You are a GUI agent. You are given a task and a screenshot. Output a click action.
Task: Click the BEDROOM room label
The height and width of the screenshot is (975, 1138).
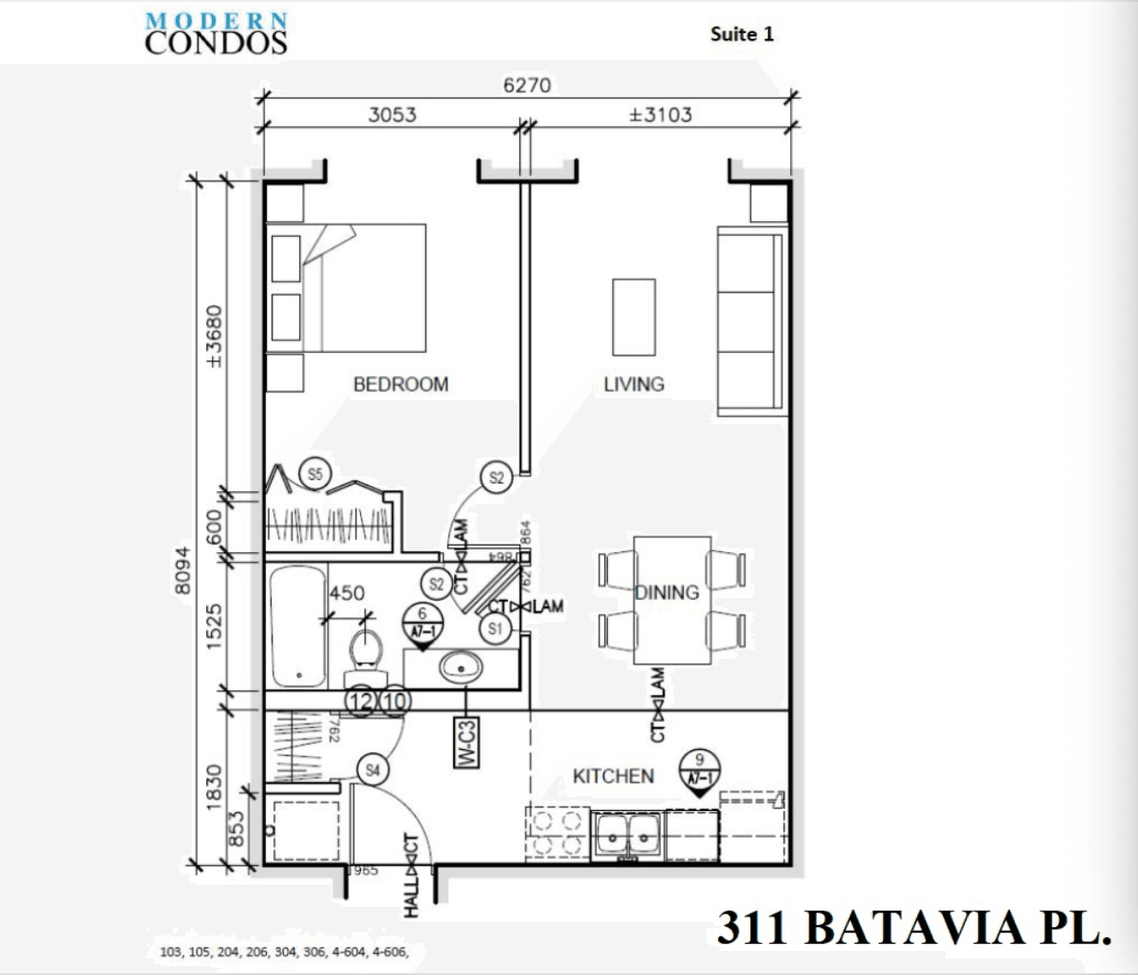[401, 384]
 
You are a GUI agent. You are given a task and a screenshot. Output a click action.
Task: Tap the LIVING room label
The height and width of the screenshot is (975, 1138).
[633, 383]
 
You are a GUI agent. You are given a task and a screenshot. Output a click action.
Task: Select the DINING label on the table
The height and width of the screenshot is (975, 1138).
[667, 592]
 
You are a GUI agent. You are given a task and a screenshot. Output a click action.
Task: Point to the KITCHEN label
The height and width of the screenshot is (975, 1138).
[613, 776]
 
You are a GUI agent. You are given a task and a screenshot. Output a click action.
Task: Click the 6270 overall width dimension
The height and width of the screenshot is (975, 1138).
[527, 86]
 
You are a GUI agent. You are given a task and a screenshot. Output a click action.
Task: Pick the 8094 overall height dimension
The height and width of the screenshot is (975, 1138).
[183, 571]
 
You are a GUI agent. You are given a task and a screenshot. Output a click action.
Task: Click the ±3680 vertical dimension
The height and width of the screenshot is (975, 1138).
[214, 337]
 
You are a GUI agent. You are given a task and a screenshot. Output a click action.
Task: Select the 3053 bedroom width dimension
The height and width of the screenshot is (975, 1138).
[392, 115]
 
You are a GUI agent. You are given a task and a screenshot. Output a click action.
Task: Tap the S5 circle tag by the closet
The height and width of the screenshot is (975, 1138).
[315, 475]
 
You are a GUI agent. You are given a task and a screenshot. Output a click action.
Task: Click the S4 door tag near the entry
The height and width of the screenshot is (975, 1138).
[372, 770]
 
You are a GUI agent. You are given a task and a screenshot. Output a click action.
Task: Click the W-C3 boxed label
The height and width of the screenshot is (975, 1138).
[467, 742]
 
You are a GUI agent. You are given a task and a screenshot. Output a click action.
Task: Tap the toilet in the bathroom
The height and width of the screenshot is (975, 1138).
[366, 649]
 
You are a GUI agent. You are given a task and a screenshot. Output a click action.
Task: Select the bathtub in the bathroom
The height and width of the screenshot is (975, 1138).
[297, 627]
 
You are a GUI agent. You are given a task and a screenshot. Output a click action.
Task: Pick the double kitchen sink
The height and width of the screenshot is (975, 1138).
[627, 835]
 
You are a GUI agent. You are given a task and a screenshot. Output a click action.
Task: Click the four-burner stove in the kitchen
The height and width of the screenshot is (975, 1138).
[557, 835]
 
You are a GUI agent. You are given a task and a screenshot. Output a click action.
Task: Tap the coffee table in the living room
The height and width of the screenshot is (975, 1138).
[634, 317]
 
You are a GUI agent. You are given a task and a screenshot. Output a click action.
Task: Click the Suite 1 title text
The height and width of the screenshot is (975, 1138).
[742, 34]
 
